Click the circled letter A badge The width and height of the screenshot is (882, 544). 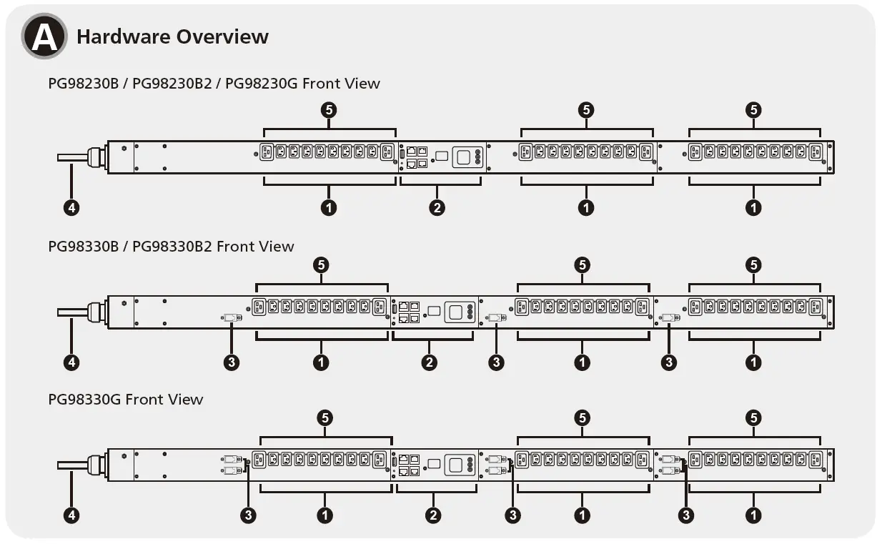click(44, 36)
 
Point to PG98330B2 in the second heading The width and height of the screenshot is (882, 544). click(172, 247)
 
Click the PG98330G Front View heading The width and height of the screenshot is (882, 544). click(126, 400)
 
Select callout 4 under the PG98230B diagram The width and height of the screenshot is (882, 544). click(71, 208)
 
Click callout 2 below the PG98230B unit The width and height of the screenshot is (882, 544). click(437, 208)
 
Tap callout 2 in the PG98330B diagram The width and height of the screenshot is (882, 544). click(430, 362)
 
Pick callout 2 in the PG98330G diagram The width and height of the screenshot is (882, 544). click(432, 515)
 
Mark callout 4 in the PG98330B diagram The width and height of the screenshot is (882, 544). click(71, 362)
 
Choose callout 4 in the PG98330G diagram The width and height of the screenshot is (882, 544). click(71, 515)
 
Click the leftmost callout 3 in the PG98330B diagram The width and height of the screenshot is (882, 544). click(231, 362)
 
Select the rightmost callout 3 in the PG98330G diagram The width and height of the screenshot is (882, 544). click(686, 515)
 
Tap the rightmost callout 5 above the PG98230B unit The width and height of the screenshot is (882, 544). click(753, 110)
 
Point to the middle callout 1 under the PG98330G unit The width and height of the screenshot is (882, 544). click(583, 515)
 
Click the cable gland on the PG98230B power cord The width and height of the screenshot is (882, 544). click(96, 157)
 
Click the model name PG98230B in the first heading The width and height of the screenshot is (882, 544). click(83, 84)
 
